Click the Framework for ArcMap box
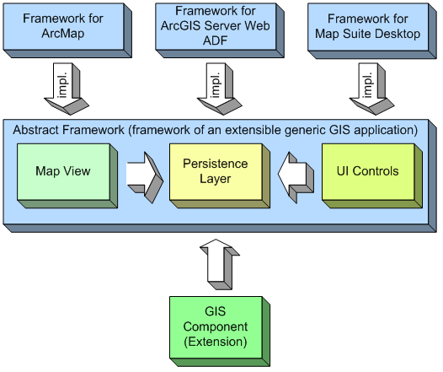click(67, 30)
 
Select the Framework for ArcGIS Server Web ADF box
click(220, 30)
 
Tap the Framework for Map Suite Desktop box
click(371, 31)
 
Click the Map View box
click(67, 176)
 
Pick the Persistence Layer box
click(220, 176)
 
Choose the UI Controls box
click(372, 176)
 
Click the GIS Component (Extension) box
click(220, 332)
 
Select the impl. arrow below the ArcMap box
click(67, 89)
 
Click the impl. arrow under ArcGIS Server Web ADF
click(219, 89)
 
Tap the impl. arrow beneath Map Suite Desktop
click(371, 89)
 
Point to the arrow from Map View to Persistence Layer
click(145, 177)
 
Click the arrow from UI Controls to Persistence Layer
click(296, 177)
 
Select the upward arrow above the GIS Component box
click(220, 264)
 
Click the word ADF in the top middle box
click(215, 40)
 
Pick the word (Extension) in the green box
click(216, 342)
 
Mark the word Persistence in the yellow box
click(216, 164)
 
